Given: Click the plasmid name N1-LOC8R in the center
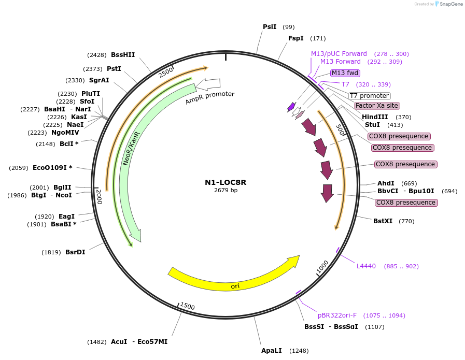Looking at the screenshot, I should pyautogui.click(x=226, y=182).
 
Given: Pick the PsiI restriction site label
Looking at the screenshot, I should pyautogui.click(x=270, y=26).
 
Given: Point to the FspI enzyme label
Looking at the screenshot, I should pyautogui.click(x=295, y=38).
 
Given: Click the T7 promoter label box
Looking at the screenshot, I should pyautogui.click(x=369, y=96).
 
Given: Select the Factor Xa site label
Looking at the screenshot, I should pyautogui.click(x=376, y=106).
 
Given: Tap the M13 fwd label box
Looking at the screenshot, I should pyautogui.click(x=345, y=73).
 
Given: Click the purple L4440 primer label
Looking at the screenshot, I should pyautogui.click(x=366, y=266).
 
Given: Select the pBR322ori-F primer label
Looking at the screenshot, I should pyautogui.click(x=337, y=315).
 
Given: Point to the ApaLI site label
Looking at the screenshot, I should pyautogui.click(x=271, y=351).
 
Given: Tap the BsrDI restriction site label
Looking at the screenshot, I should pyautogui.click(x=75, y=252).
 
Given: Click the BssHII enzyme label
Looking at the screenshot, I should pyautogui.click(x=123, y=54).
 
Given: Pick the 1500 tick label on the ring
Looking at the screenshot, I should pyautogui.click(x=187, y=307).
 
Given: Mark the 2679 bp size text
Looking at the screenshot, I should pyautogui.click(x=226, y=191).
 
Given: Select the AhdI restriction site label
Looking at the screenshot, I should pyautogui.click(x=386, y=183).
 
